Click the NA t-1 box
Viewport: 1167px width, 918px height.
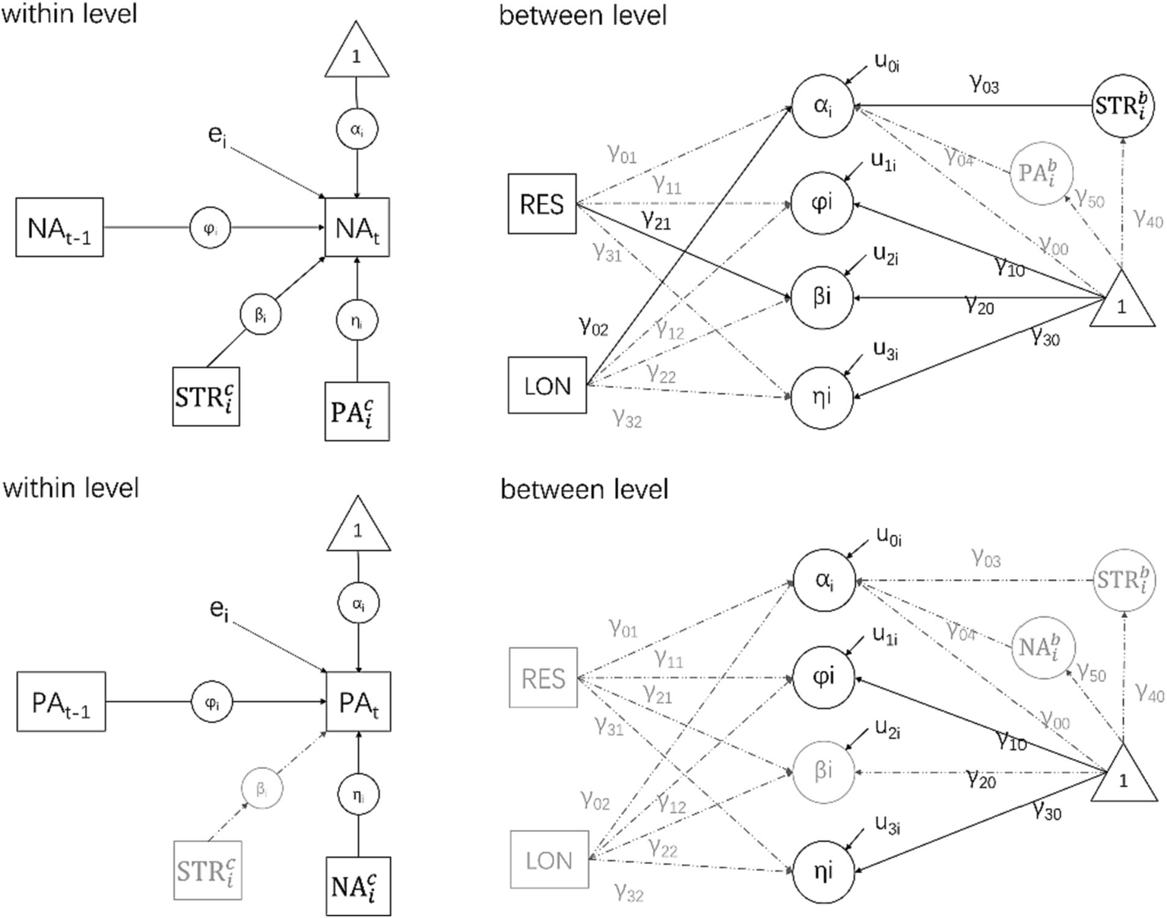[59, 226]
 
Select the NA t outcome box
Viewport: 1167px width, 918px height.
[357, 227]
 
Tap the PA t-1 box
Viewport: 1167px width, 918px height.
[61, 701]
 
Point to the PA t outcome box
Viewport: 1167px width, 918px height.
[358, 701]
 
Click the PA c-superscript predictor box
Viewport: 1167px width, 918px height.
[357, 411]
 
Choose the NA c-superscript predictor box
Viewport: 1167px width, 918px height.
[357, 885]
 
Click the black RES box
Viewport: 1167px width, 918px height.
[542, 204]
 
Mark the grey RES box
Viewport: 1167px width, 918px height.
[544, 678]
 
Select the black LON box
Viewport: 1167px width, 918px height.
[547, 386]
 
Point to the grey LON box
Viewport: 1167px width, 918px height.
[549, 860]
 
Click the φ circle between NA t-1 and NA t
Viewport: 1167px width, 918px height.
[210, 227]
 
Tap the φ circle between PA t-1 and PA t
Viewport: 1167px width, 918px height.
[211, 701]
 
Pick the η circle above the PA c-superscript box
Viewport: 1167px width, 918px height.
[357, 322]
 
